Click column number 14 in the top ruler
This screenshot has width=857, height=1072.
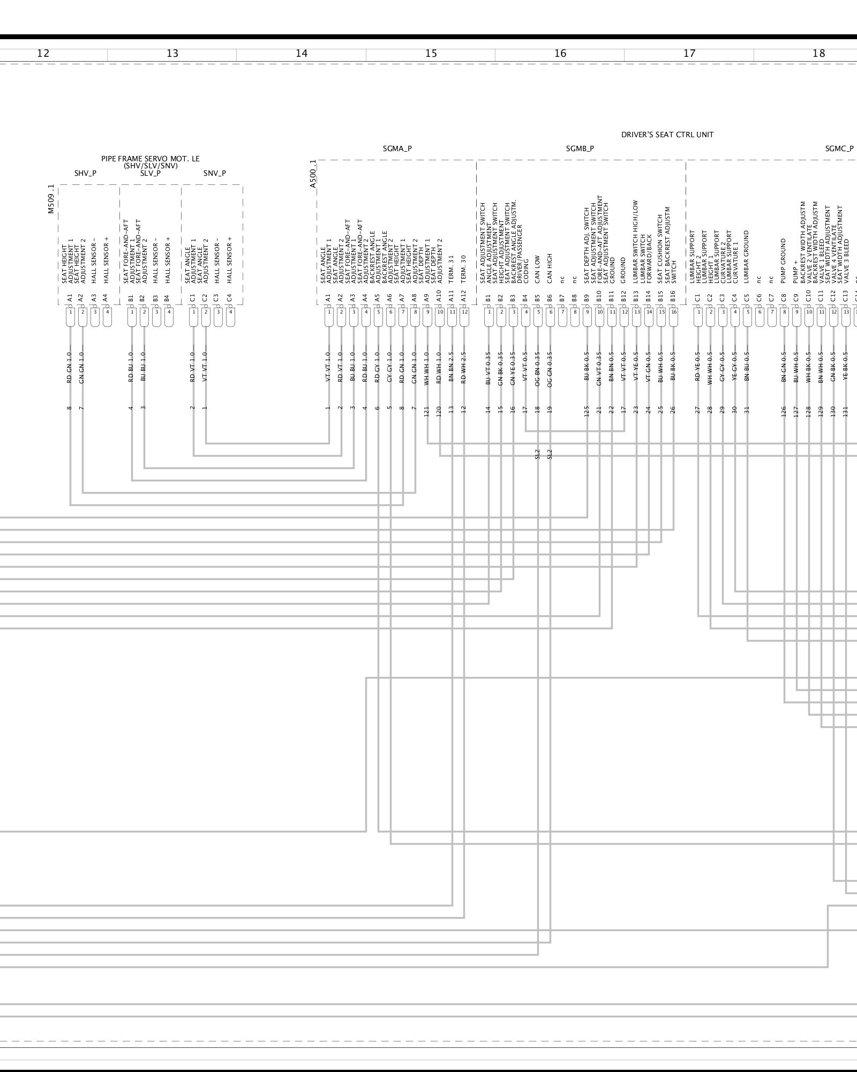tap(302, 54)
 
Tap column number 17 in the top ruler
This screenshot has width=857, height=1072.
tap(689, 54)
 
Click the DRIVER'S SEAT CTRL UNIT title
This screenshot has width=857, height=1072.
tap(667, 135)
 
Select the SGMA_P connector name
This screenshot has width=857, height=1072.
tap(397, 149)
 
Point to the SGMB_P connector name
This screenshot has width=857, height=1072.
tap(580, 149)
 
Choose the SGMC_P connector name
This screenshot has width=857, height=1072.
tap(839, 149)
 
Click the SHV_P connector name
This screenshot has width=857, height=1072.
tap(85, 173)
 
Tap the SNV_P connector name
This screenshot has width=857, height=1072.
tap(214, 173)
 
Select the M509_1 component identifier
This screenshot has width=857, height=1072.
tap(51, 199)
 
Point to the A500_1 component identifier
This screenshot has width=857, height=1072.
tap(313, 174)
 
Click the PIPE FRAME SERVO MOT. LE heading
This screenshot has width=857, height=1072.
tap(151, 159)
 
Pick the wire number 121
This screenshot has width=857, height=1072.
tap(427, 411)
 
